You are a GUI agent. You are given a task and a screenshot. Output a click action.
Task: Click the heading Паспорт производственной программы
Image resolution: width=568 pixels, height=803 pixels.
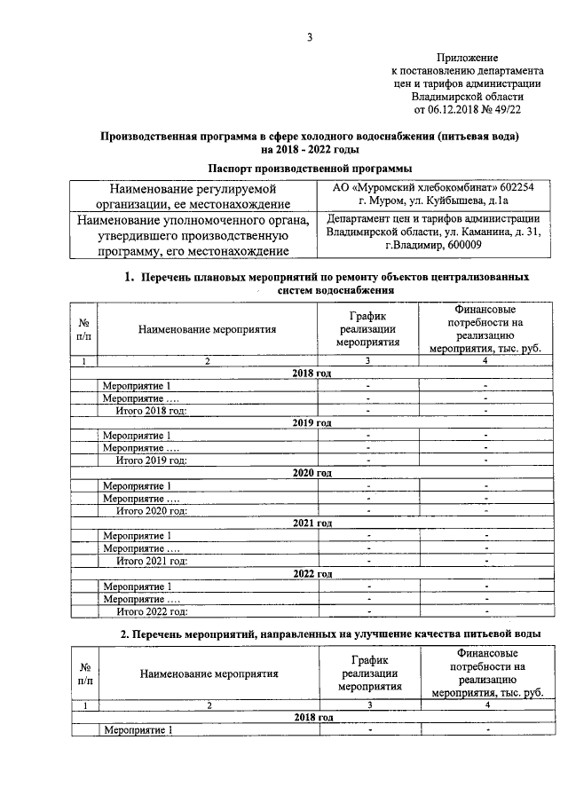(309, 169)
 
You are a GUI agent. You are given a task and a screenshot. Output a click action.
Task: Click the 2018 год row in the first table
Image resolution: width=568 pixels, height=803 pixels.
(312, 374)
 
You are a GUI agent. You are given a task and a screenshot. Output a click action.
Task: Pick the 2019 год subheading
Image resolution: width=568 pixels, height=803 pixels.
(312, 423)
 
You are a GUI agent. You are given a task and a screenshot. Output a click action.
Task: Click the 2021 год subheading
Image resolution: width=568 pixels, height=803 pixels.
(312, 524)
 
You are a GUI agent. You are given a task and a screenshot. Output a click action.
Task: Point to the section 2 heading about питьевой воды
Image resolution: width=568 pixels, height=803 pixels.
(330, 633)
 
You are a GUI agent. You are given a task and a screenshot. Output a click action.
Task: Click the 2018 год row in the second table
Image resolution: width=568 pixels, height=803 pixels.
(312, 717)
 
